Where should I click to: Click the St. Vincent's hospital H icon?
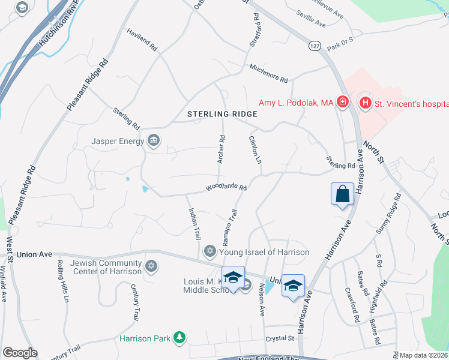365,104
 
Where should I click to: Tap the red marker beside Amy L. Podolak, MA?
342,103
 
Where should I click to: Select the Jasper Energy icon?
154,141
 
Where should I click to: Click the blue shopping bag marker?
342,194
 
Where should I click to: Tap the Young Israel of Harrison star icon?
209,251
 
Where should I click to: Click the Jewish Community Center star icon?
151,265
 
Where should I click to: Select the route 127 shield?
315,46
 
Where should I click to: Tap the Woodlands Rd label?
227,188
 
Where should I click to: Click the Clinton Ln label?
256,151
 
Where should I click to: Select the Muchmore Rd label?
268,73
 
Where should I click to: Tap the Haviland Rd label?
142,39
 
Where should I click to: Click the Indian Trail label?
194,224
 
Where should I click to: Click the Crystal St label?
282,338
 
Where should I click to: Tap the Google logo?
20,353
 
